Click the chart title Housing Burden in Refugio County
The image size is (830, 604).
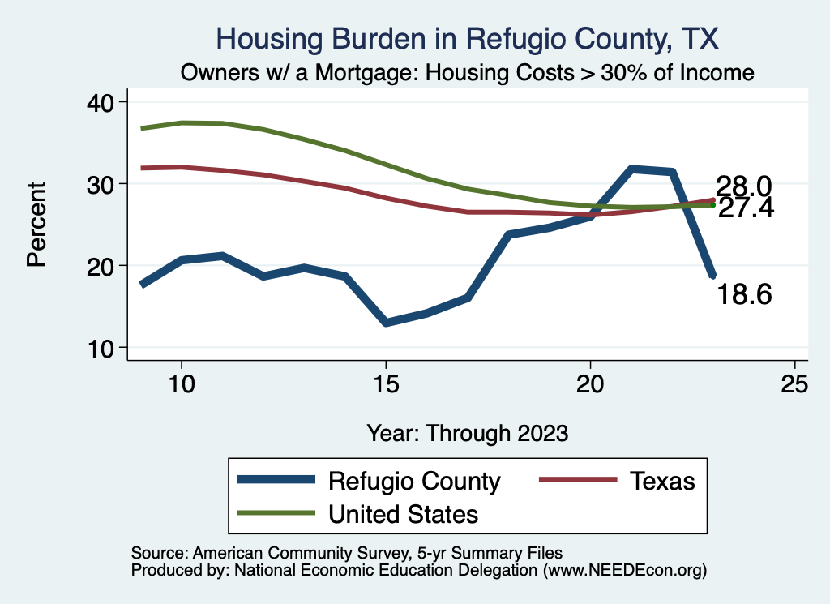tap(467, 38)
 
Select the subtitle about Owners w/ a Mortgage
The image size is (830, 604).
tap(467, 73)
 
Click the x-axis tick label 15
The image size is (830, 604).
tap(386, 384)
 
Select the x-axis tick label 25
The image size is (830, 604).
tap(794, 384)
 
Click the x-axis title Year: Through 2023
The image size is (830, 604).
tap(467, 432)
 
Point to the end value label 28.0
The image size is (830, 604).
tap(742, 186)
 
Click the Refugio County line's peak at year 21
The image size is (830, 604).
tap(631, 169)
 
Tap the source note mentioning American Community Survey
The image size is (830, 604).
tap(347, 552)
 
